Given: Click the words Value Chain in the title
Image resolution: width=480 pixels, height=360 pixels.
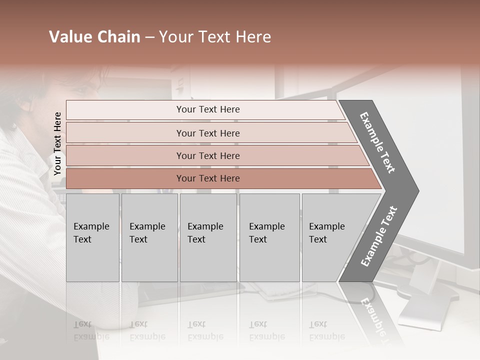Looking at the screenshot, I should tap(94, 37).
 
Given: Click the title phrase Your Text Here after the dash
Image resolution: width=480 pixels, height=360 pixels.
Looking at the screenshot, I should tap(215, 37).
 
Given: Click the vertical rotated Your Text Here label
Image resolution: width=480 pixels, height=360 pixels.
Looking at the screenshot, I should tap(57, 143).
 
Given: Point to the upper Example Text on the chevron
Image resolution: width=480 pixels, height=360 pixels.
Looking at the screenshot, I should tap(377, 142).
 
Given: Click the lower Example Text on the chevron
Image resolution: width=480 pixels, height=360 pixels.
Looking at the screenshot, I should tap(379, 236).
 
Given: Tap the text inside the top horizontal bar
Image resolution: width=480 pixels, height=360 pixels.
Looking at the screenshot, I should tap(208, 109).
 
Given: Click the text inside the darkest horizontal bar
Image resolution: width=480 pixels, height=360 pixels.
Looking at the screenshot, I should tap(208, 178).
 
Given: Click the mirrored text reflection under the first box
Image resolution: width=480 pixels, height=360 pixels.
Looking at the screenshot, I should tap(91, 330).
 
